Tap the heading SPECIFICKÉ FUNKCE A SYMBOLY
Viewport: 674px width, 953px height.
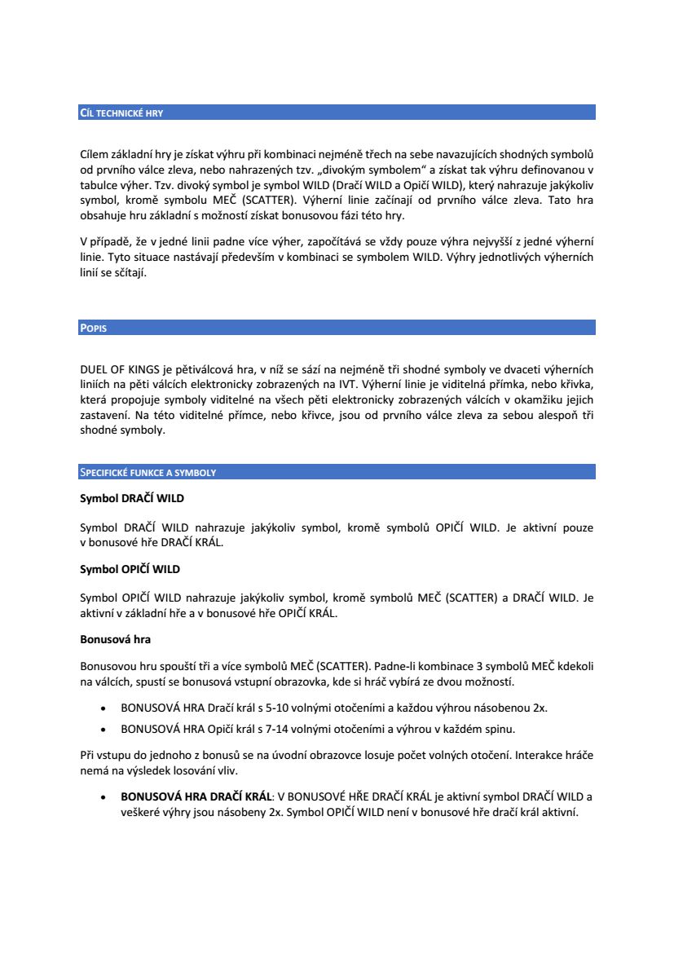tap(148, 473)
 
